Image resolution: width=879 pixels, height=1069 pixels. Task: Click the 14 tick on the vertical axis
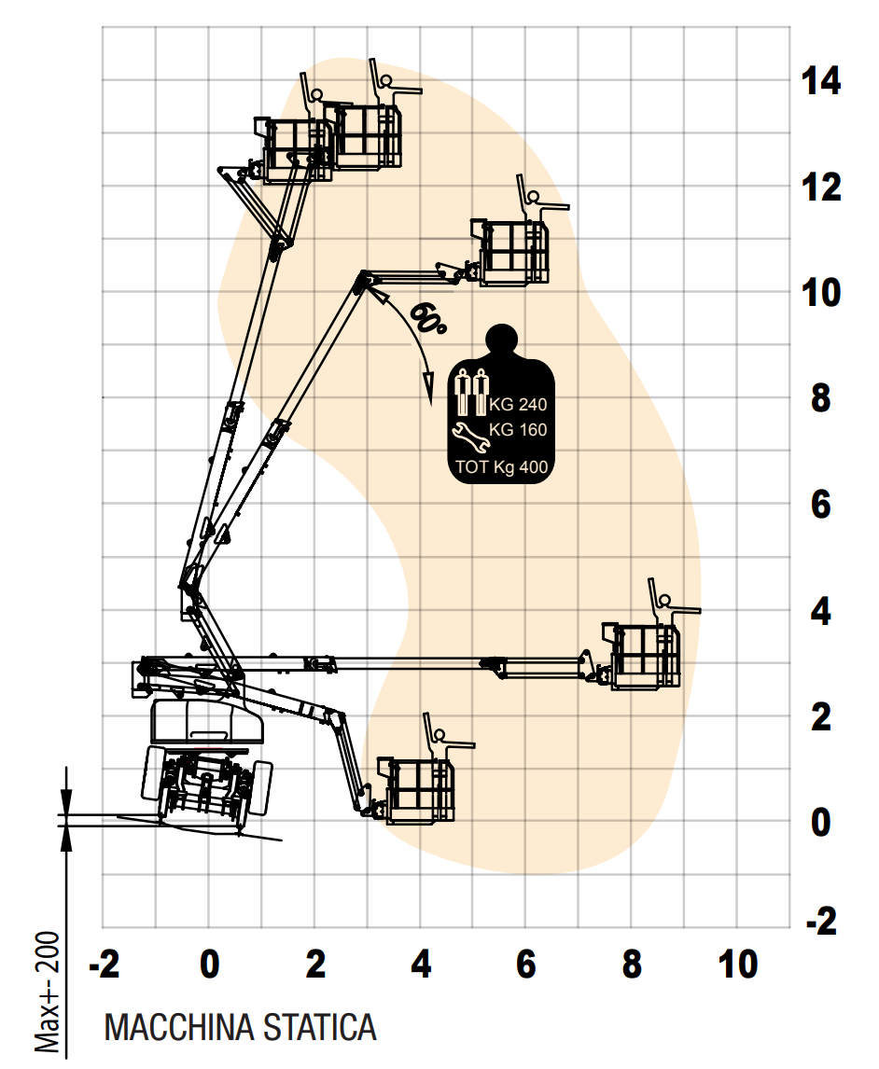[x=821, y=81]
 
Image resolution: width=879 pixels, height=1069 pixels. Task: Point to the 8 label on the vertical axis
[x=821, y=397]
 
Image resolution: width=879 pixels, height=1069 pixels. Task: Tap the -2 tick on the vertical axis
[x=821, y=922]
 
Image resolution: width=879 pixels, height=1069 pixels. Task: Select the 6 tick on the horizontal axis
[x=525, y=964]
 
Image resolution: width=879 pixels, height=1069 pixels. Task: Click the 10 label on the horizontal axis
[x=738, y=964]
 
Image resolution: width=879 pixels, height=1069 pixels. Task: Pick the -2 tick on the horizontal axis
[x=105, y=964]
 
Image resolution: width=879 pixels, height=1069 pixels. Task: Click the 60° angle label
[x=427, y=318]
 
